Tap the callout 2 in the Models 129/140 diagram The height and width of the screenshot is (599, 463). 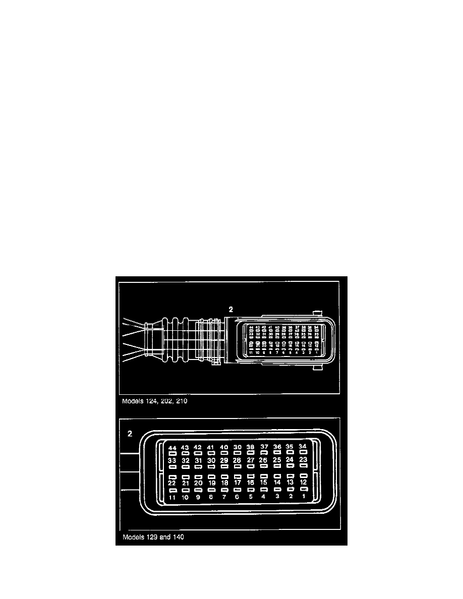coord(130,433)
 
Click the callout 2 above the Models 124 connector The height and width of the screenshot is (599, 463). coord(230,310)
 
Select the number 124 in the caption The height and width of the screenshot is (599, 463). coord(152,402)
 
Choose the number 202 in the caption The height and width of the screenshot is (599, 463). coord(170,402)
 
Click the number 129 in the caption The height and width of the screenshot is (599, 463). coord(152,537)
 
